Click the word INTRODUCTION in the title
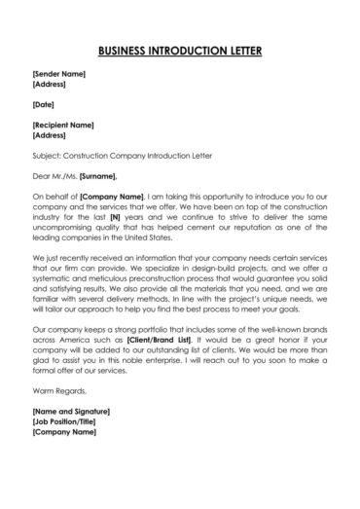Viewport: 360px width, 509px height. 187,50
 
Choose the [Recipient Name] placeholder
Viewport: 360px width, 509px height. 63,125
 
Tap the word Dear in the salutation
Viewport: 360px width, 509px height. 41,176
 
